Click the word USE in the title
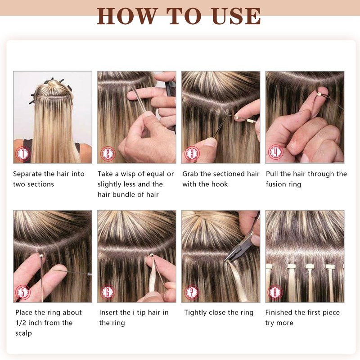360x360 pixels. [237, 16]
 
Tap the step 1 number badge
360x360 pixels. [23, 153]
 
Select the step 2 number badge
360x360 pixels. [108, 153]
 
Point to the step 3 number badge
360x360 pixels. [192, 153]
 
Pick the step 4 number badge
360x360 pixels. [276, 152]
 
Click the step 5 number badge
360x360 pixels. [23, 292]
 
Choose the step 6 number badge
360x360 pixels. [108, 292]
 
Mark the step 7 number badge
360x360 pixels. [192, 292]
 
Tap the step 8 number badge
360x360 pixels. [275, 292]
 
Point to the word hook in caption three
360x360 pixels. [220, 184]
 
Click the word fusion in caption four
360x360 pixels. [274, 184]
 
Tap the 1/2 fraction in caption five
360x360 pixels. [21, 323]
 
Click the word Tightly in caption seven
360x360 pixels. [195, 313]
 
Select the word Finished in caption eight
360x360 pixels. [279, 312]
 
